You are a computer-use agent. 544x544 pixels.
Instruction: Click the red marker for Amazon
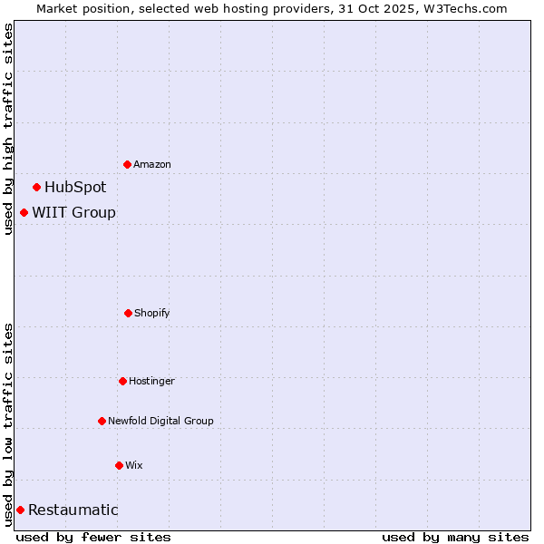pyautogui.click(x=127, y=164)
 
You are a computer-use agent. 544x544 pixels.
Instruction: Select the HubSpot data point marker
pyautogui.click(x=36, y=188)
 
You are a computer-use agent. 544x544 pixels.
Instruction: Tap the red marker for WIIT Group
pyautogui.click(x=24, y=213)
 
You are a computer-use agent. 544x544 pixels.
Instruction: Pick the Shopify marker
pyautogui.click(x=128, y=313)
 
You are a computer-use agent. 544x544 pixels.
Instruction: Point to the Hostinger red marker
pyautogui.click(x=122, y=381)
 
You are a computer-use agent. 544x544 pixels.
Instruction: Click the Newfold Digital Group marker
pyautogui.click(x=102, y=421)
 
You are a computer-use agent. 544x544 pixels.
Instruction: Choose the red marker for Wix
pyautogui.click(x=119, y=465)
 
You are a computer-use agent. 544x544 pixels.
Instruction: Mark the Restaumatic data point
pyautogui.click(x=20, y=510)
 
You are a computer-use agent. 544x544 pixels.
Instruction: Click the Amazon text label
pyautogui.click(x=152, y=165)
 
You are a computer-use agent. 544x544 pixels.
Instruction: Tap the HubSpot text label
pyautogui.click(x=75, y=188)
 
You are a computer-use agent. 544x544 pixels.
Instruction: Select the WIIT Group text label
pyautogui.click(x=74, y=213)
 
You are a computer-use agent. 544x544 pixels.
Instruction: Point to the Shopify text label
pyautogui.click(x=152, y=314)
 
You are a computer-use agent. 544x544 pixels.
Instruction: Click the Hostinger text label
pyautogui.click(x=151, y=382)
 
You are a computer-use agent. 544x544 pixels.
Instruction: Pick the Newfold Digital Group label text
pyautogui.click(x=160, y=422)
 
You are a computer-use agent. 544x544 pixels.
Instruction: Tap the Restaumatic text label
pyautogui.click(x=73, y=510)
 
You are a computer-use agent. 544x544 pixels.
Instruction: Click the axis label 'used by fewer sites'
pyautogui.click(x=93, y=537)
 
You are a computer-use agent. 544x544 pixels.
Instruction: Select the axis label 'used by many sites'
pyautogui.click(x=455, y=537)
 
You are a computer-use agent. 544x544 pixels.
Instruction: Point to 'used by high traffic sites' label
pyautogui.click(x=8, y=129)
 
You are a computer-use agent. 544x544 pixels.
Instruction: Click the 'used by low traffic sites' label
pyautogui.click(x=8, y=424)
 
